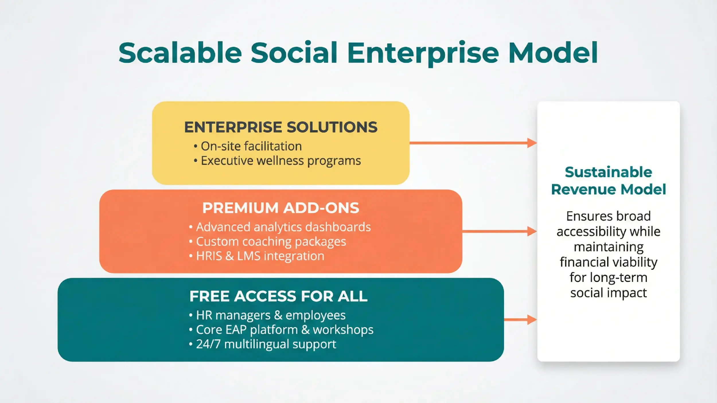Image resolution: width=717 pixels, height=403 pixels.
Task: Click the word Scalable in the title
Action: pos(180,53)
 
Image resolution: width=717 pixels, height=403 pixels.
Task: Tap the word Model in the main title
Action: pos(553,53)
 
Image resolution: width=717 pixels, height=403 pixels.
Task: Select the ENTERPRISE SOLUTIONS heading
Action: pos(280,127)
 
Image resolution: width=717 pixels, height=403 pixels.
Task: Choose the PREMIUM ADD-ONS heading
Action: pos(280,208)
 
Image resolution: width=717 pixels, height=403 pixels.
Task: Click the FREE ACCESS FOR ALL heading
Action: pos(278,296)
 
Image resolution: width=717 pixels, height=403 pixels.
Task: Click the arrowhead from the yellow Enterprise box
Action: pos(532,143)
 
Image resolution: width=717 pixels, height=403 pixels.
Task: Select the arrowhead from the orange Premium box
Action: pos(532,231)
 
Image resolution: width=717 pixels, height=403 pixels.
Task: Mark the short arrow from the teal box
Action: pos(520,320)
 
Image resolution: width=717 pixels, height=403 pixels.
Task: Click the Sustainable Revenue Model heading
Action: pos(608,181)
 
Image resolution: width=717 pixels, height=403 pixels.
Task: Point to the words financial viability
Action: pos(608,262)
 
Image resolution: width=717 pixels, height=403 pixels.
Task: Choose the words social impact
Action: pos(608,293)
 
